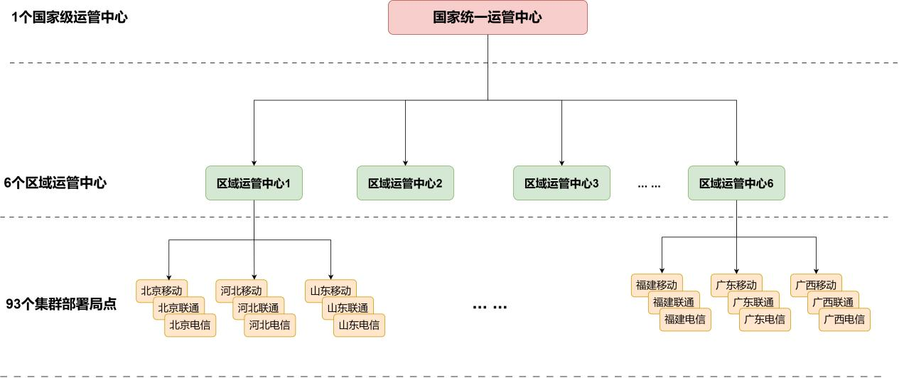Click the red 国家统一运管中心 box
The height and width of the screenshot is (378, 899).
[x=488, y=18]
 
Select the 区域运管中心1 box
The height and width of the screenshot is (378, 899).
[x=254, y=183]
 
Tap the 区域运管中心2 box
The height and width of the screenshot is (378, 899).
[x=405, y=183]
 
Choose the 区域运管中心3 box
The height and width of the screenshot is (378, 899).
[x=561, y=183]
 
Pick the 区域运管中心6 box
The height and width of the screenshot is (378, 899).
[x=736, y=183]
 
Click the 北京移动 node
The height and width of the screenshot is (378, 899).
[x=161, y=290]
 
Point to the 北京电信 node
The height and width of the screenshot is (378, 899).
[x=190, y=325]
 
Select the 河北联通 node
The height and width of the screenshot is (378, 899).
[x=258, y=308]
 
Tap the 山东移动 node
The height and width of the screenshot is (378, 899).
[x=330, y=290]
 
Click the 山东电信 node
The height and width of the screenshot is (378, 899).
[x=359, y=325]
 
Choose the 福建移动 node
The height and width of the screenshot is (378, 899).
[x=656, y=285]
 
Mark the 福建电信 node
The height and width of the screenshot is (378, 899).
[x=685, y=320]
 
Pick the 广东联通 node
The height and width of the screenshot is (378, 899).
[x=753, y=303]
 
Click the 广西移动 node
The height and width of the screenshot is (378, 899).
[x=815, y=285]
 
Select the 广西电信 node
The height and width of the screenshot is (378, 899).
[x=844, y=320]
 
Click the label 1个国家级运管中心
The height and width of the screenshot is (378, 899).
[x=70, y=18]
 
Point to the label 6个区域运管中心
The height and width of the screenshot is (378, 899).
[x=55, y=183]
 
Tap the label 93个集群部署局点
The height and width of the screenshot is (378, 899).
[x=61, y=305]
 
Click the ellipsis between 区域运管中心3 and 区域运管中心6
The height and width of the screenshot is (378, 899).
[x=649, y=185]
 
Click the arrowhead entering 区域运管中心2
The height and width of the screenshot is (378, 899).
[x=405, y=163]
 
